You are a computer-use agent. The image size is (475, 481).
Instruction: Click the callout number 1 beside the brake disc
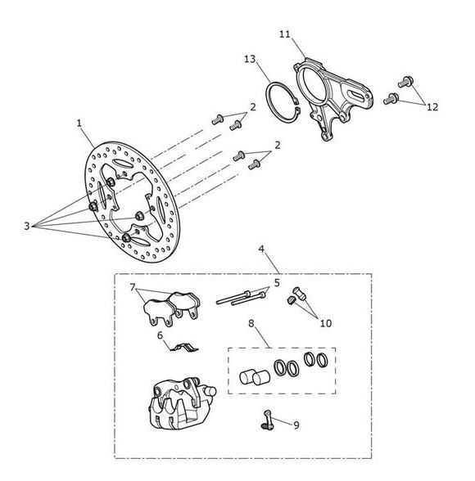(x=79, y=124)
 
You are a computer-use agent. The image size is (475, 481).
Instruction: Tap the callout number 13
(x=251, y=59)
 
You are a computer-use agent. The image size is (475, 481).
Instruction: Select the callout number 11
(x=285, y=34)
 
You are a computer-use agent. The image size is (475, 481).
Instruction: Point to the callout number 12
(x=432, y=107)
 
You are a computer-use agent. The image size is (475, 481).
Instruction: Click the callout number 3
(x=27, y=226)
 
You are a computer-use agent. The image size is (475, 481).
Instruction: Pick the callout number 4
(x=261, y=249)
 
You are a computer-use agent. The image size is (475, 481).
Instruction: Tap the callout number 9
(x=296, y=425)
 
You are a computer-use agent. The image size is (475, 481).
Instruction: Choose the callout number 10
(x=326, y=323)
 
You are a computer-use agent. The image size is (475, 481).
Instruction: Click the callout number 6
(x=160, y=335)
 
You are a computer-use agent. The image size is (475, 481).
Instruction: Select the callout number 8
(x=251, y=323)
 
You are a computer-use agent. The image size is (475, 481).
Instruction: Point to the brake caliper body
(x=181, y=404)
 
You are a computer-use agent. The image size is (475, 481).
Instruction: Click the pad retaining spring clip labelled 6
(x=184, y=348)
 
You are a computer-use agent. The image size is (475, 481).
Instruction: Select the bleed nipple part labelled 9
(x=267, y=420)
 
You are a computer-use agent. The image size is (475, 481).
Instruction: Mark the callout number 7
(x=133, y=287)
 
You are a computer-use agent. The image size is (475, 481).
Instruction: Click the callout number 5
(x=277, y=283)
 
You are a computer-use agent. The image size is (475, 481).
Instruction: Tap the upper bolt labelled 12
(x=405, y=81)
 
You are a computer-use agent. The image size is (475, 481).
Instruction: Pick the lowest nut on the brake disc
(x=126, y=237)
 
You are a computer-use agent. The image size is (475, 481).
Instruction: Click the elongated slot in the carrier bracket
(x=359, y=95)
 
